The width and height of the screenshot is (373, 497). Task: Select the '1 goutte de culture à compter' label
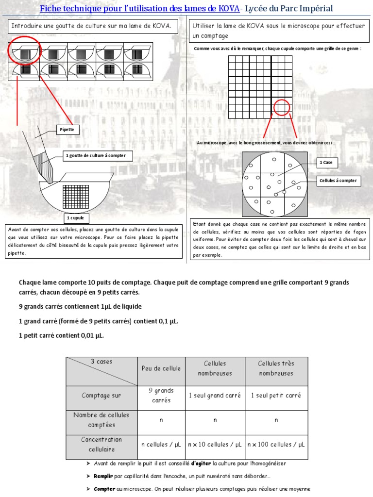tap(95, 156)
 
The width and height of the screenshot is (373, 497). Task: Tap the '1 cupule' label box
tap(75, 218)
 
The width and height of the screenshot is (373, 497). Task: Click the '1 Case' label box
tap(326, 163)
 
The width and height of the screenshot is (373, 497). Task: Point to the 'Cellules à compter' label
tap(338, 181)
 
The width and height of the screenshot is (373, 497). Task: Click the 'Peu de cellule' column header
tap(161, 368)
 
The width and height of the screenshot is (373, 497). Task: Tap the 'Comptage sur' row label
tap(102, 396)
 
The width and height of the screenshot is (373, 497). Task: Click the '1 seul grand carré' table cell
tap(215, 396)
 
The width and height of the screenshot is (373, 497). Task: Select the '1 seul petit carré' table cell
tap(276, 396)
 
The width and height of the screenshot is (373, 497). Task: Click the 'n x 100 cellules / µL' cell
tap(276, 444)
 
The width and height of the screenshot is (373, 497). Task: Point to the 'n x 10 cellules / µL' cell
tap(215, 444)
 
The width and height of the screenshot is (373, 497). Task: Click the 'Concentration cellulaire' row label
tap(102, 444)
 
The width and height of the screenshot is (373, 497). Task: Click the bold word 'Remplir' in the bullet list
tap(103, 476)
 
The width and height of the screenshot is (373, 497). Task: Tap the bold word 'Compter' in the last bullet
tap(104, 489)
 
